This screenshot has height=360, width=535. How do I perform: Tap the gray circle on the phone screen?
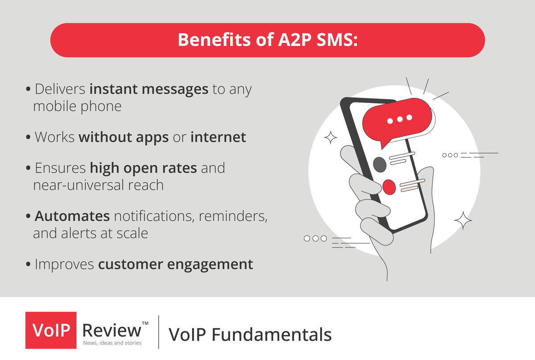point(379,165)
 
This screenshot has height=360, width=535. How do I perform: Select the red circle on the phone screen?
point(389,187)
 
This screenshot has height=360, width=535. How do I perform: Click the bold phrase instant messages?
point(149,89)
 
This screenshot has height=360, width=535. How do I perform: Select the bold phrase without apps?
point(124,137)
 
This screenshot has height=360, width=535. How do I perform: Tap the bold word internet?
point(218,137)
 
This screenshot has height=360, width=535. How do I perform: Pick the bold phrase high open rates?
point(144,168)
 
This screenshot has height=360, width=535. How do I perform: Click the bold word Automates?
point(72,216)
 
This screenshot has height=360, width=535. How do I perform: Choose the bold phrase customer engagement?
point(176,264)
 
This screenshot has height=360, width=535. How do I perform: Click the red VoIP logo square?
point(51,330)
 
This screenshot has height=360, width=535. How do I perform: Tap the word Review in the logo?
point(111,330)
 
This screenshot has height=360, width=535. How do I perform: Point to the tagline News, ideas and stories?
point(112,343)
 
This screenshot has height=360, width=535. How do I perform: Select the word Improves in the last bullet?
point(65,264)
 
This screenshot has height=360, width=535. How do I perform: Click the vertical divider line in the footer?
point(159,332)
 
